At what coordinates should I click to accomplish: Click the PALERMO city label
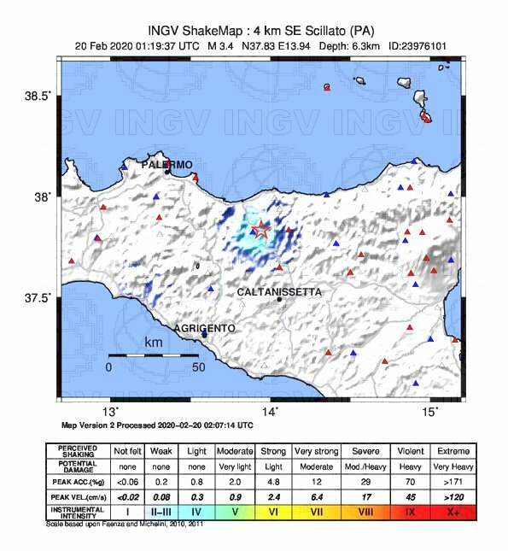[167, 164]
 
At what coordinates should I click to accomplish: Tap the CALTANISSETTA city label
[279, 291]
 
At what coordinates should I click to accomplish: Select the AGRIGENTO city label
[205, 327]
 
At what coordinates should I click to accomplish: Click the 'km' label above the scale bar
[154, 343]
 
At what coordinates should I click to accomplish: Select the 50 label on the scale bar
[198, 366]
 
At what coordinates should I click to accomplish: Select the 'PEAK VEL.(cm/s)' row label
[77, 495]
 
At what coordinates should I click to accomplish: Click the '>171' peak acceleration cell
[452, 480]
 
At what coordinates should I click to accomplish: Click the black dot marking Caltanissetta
[279, 299]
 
